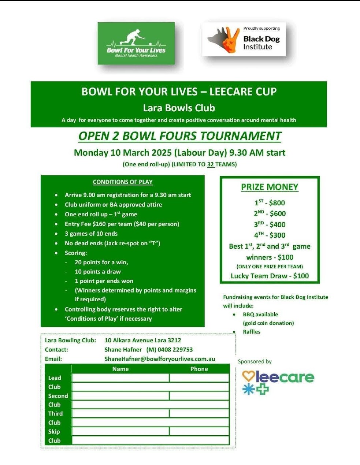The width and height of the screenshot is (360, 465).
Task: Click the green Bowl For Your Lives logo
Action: [x=136, y=43]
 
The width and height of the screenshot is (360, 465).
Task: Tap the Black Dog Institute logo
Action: [x=244, y=39]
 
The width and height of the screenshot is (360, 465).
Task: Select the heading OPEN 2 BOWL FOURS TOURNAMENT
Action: [x=180, y=136]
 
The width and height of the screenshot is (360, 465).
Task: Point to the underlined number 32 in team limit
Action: [x=210, y=164]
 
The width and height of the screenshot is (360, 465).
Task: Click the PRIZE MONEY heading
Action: [x=270, y=187]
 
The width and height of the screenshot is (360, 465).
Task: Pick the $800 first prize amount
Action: [x=277, y=203]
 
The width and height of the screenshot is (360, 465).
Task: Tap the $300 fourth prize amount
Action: [x=277, y=235]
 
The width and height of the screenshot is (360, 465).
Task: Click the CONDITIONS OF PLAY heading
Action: [x=123, y=182]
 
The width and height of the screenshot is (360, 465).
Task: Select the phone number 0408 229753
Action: [x=175, y=350]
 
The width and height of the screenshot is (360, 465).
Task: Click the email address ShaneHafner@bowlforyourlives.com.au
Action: [x=160, y=359]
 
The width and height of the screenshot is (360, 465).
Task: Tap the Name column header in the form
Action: [x=120, y=369]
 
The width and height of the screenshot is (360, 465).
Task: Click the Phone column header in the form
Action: [x=199, y=369]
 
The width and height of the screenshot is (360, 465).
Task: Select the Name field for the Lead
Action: [x=120, y=378]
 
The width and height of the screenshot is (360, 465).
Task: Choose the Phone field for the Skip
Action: [x=199, y=431]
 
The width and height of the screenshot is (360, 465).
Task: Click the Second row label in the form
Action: [x=58, y=396]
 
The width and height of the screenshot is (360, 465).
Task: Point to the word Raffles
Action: [x=252, y=332]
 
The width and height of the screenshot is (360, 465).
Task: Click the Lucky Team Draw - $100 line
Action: [x=270, y=276]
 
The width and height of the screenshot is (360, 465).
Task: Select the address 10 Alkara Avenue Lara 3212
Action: [x=143, y=340]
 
